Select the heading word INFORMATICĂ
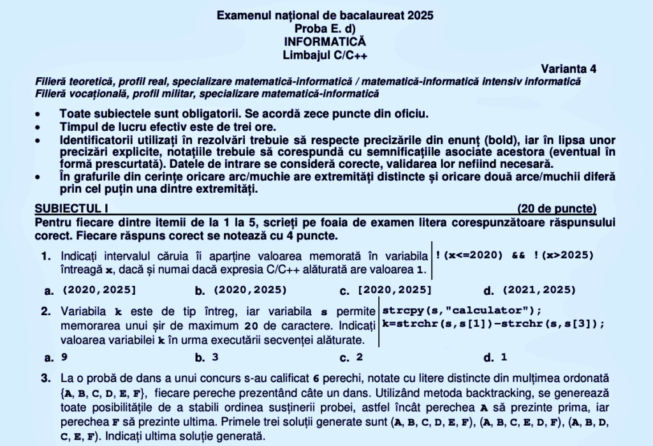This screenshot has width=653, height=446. click(326, 41)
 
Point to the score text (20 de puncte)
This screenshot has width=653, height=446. click(557, 208)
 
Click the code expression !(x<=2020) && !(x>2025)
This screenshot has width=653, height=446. click(514, 255)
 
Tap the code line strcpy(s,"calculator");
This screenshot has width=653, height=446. click(461, 311)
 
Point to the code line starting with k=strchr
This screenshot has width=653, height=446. click(492, 323)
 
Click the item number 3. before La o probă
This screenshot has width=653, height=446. click(46, 378)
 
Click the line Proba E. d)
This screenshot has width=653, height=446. click(326, 28)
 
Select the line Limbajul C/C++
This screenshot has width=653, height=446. click(326, 55)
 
